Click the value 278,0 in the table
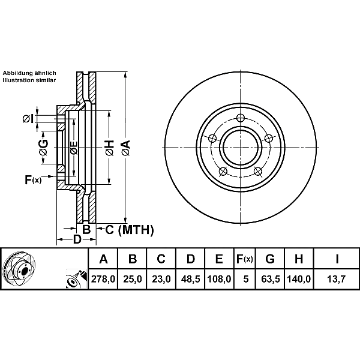point(103,279)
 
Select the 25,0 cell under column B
point(133,279)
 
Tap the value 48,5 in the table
point(190,279)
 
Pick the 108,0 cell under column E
point(219,279)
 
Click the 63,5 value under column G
point(270,279)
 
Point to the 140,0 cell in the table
point(299,279)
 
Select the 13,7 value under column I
point(337,279)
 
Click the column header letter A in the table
point(103,259)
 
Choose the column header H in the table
point(299,259)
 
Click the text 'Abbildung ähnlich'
point(29,73)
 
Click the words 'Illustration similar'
point(29,80)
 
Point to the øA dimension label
point(125,146)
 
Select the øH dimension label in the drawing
point(109,146)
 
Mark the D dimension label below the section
point(77,240)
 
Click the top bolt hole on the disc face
point(240,118)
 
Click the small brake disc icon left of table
point(19,269)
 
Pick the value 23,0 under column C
point(161,279)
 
